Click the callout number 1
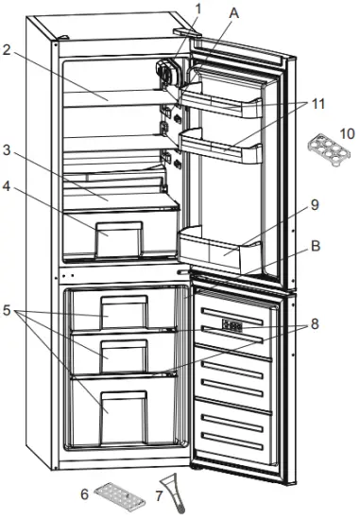click(198, 9)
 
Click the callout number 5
click(9, 307)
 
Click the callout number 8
click(314, 323)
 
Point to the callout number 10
click(347, 133)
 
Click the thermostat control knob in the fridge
click(167, 76)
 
